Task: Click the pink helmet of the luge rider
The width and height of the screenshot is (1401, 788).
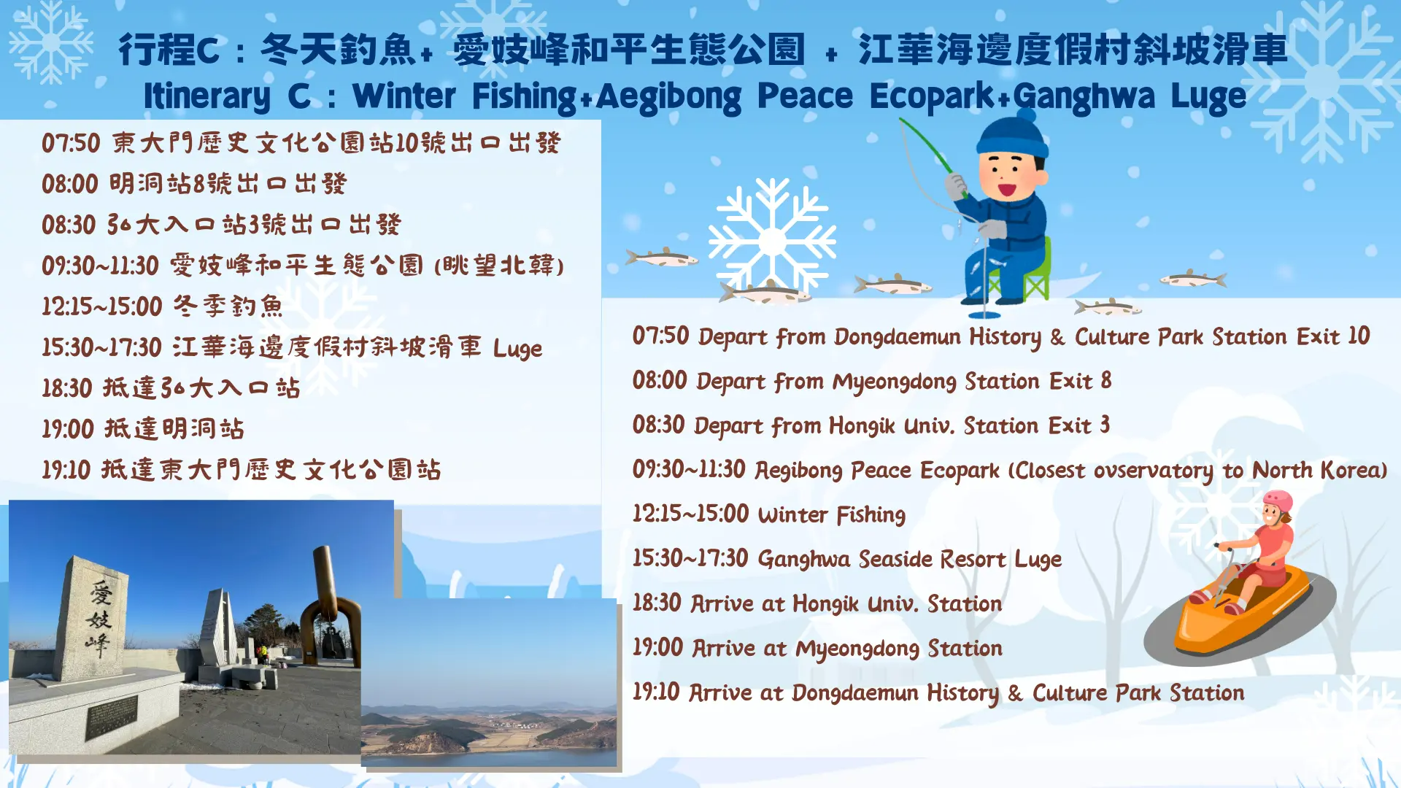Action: coord(1278,502)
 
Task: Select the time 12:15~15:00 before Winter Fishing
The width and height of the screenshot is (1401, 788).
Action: coord(690,514)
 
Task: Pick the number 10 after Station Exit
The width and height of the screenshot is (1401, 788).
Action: coord(1359,336)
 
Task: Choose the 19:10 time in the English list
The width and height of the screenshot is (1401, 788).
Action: coord(656,692)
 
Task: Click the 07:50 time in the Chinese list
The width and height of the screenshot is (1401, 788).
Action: coord(71,143)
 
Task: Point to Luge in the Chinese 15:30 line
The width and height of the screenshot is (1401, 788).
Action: coord(517,349)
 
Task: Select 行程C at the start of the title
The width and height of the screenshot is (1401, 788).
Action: coord(169,50)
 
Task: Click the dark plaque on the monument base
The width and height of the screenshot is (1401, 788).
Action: coord(112,717)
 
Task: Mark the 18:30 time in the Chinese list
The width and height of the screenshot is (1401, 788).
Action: coord(67,388)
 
